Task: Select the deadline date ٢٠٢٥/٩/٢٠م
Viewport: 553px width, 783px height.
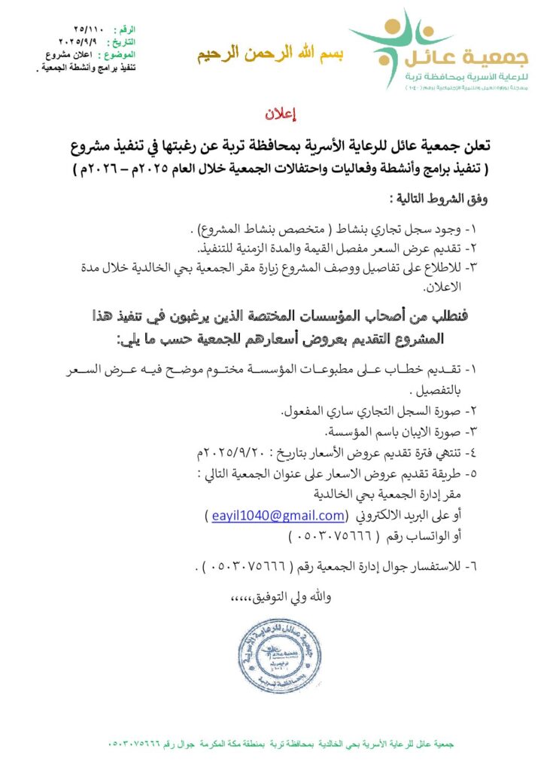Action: pyautogui.click(x=216, y=453)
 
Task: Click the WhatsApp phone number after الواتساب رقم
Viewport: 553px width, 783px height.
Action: pyautogui.click(x=326, y=536)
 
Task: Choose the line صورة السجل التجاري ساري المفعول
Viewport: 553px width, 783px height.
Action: pyautogui.click(x=374, y=411)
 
